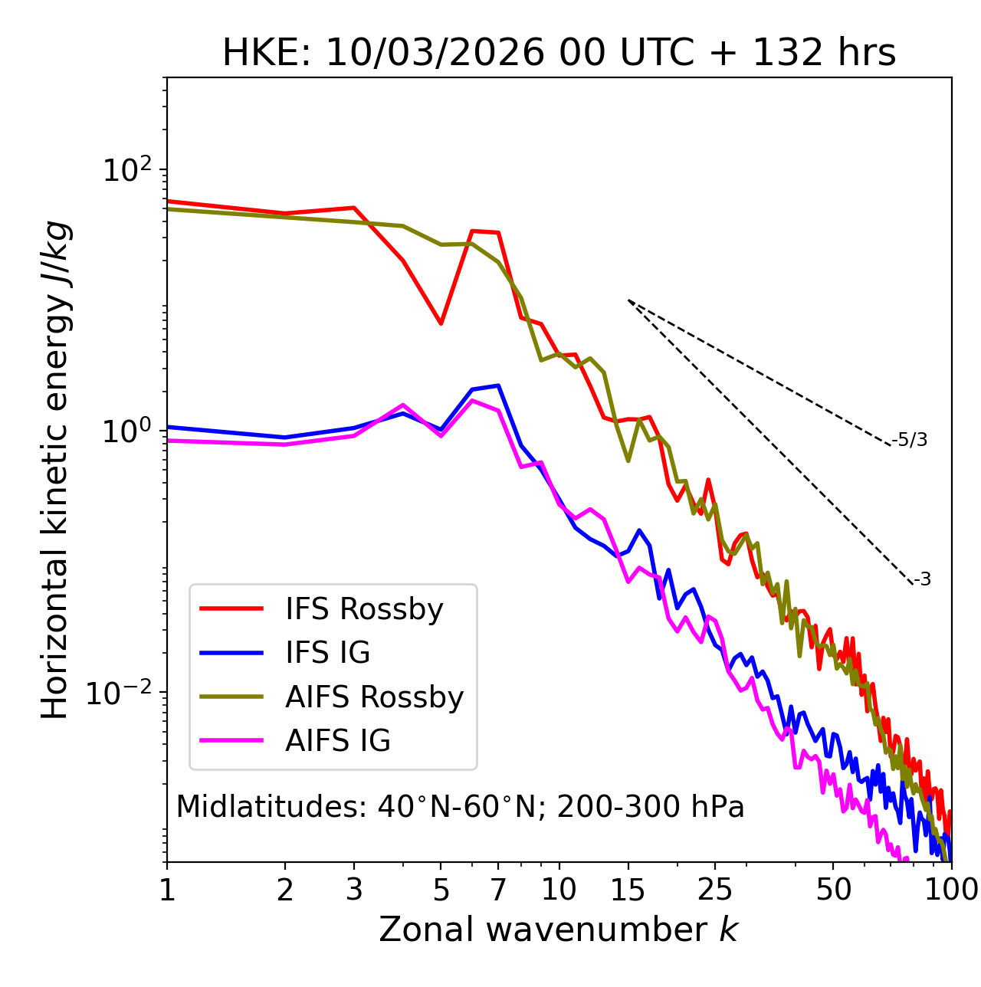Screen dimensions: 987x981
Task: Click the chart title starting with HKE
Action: [559, 54]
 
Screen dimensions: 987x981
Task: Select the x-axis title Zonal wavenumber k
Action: [559, 930]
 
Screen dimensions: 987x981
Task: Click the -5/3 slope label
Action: [910, 440]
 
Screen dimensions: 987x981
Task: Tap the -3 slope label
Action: [922, 580]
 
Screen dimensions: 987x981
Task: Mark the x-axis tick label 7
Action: [498, 890]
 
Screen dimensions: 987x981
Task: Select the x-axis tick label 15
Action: [628, 890]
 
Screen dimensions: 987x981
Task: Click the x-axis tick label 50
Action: [833, 890]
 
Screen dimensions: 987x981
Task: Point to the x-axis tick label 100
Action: [951, 890]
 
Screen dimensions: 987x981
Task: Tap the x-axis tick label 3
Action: [353, 890]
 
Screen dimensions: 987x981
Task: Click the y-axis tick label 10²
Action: [126, 170]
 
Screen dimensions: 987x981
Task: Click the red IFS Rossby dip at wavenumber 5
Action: [441, 323]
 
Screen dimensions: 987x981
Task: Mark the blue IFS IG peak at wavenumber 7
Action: [498, 385]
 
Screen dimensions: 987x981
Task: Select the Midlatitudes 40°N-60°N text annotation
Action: [460, 807]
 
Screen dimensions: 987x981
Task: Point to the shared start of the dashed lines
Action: [628, 300]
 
